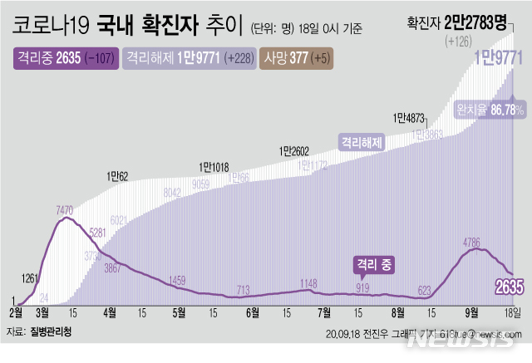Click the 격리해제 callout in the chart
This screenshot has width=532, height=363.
360,142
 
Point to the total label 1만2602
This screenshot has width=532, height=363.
294,150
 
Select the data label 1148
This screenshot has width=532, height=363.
308,283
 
